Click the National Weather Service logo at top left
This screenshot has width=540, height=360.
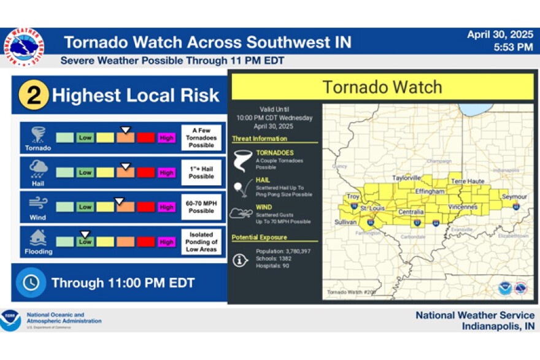click(x=23, y=47)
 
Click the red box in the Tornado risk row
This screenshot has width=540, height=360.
click(x=145, y=137)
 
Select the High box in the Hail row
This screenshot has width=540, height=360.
click(x=166, y=173)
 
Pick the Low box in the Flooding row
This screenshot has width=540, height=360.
click(x=85, y=242)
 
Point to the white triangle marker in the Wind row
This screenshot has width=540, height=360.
click(x=120, y=200)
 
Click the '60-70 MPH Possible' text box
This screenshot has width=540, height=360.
click(x=201, y=207)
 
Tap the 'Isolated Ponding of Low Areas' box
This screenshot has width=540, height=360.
click(x=201, y=242)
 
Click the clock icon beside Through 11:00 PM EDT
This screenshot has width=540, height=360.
click(x=31, y=282)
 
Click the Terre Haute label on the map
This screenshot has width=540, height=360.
click(x=468, y=182)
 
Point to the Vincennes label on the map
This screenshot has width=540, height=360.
click(x=463, y=207)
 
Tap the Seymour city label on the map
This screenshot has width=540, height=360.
click(x=514, y=197)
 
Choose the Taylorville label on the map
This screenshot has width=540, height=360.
click(x=407, y=178)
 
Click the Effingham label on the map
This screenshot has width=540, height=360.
click(x=430, y=191)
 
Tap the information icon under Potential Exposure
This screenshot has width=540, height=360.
click(x=240, y=259)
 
